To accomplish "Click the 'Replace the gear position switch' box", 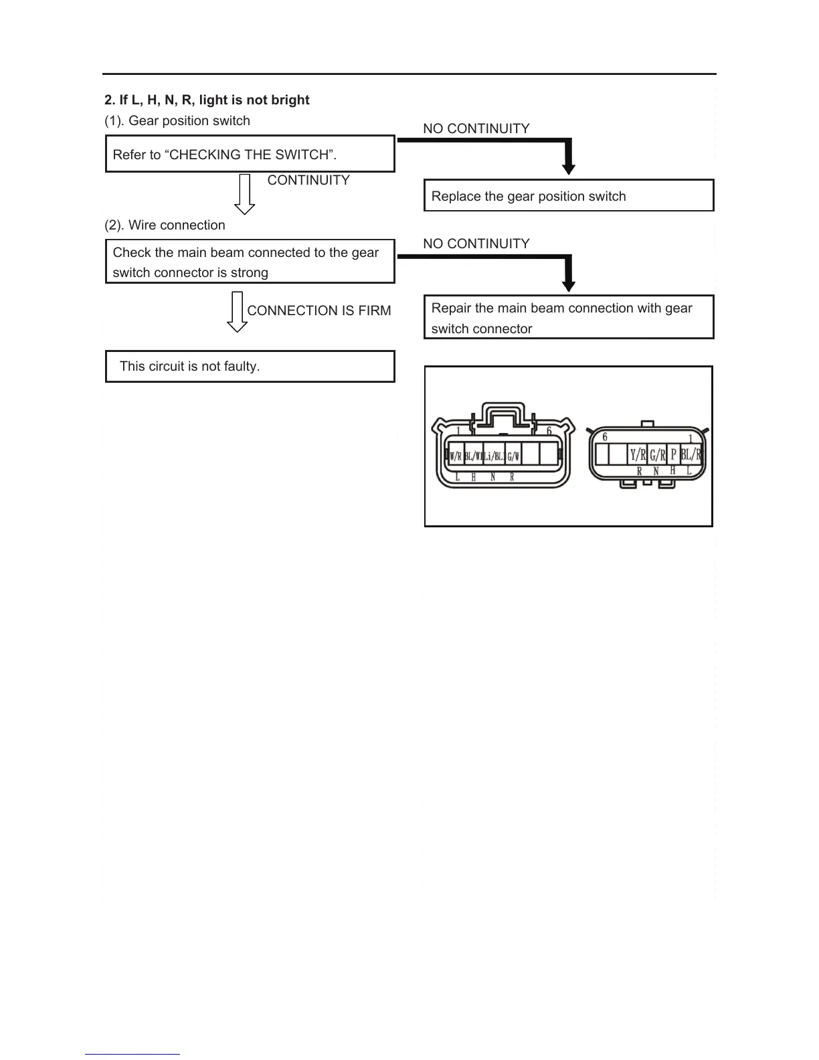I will point(569,195).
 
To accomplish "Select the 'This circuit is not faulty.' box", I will point(250,366).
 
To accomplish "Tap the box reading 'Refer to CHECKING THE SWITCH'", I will point(250,154).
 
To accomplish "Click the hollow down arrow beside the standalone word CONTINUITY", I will point(245,194).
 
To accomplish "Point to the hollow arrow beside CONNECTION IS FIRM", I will point(237,312).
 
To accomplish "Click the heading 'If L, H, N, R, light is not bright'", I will point(207,100).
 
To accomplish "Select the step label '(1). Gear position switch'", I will point(177,120).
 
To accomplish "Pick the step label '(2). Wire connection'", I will point(165,225).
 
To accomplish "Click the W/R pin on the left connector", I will point(456,457).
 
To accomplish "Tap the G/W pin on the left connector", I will point(513,457).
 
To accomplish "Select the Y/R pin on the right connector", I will point(638,455).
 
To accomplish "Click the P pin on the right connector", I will point(674,455).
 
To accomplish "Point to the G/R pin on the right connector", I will point(658,455).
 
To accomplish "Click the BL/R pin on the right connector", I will point(691,455).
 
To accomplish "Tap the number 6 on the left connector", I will point(549,431).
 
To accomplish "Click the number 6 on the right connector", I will point(605,437).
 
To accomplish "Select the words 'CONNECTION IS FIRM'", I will point(319,311).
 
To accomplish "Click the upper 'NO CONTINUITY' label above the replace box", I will point(476,128).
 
